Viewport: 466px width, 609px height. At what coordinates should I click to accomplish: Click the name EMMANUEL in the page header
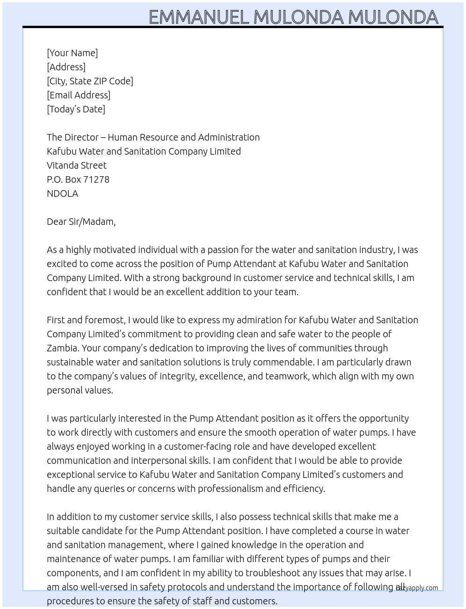[x=199, y=17]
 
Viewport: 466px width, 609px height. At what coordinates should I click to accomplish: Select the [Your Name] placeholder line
[x=72, y=53]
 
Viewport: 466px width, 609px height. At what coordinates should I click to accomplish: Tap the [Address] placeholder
[x=66, y=67]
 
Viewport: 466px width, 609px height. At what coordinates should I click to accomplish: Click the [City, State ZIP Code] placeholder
[x=90, y=81]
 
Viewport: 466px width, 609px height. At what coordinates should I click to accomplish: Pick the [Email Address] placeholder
[x=79, y=95]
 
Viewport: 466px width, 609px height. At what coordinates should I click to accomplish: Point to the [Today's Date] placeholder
[x=76, y=109]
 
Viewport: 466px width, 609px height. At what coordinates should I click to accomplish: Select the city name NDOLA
[x=62, y=193]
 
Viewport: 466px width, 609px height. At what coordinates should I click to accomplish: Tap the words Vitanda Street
[x=77, y=165]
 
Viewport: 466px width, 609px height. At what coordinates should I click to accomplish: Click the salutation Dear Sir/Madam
[x=81, y=222]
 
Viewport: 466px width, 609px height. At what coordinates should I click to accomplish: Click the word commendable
[x=285, y=362]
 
